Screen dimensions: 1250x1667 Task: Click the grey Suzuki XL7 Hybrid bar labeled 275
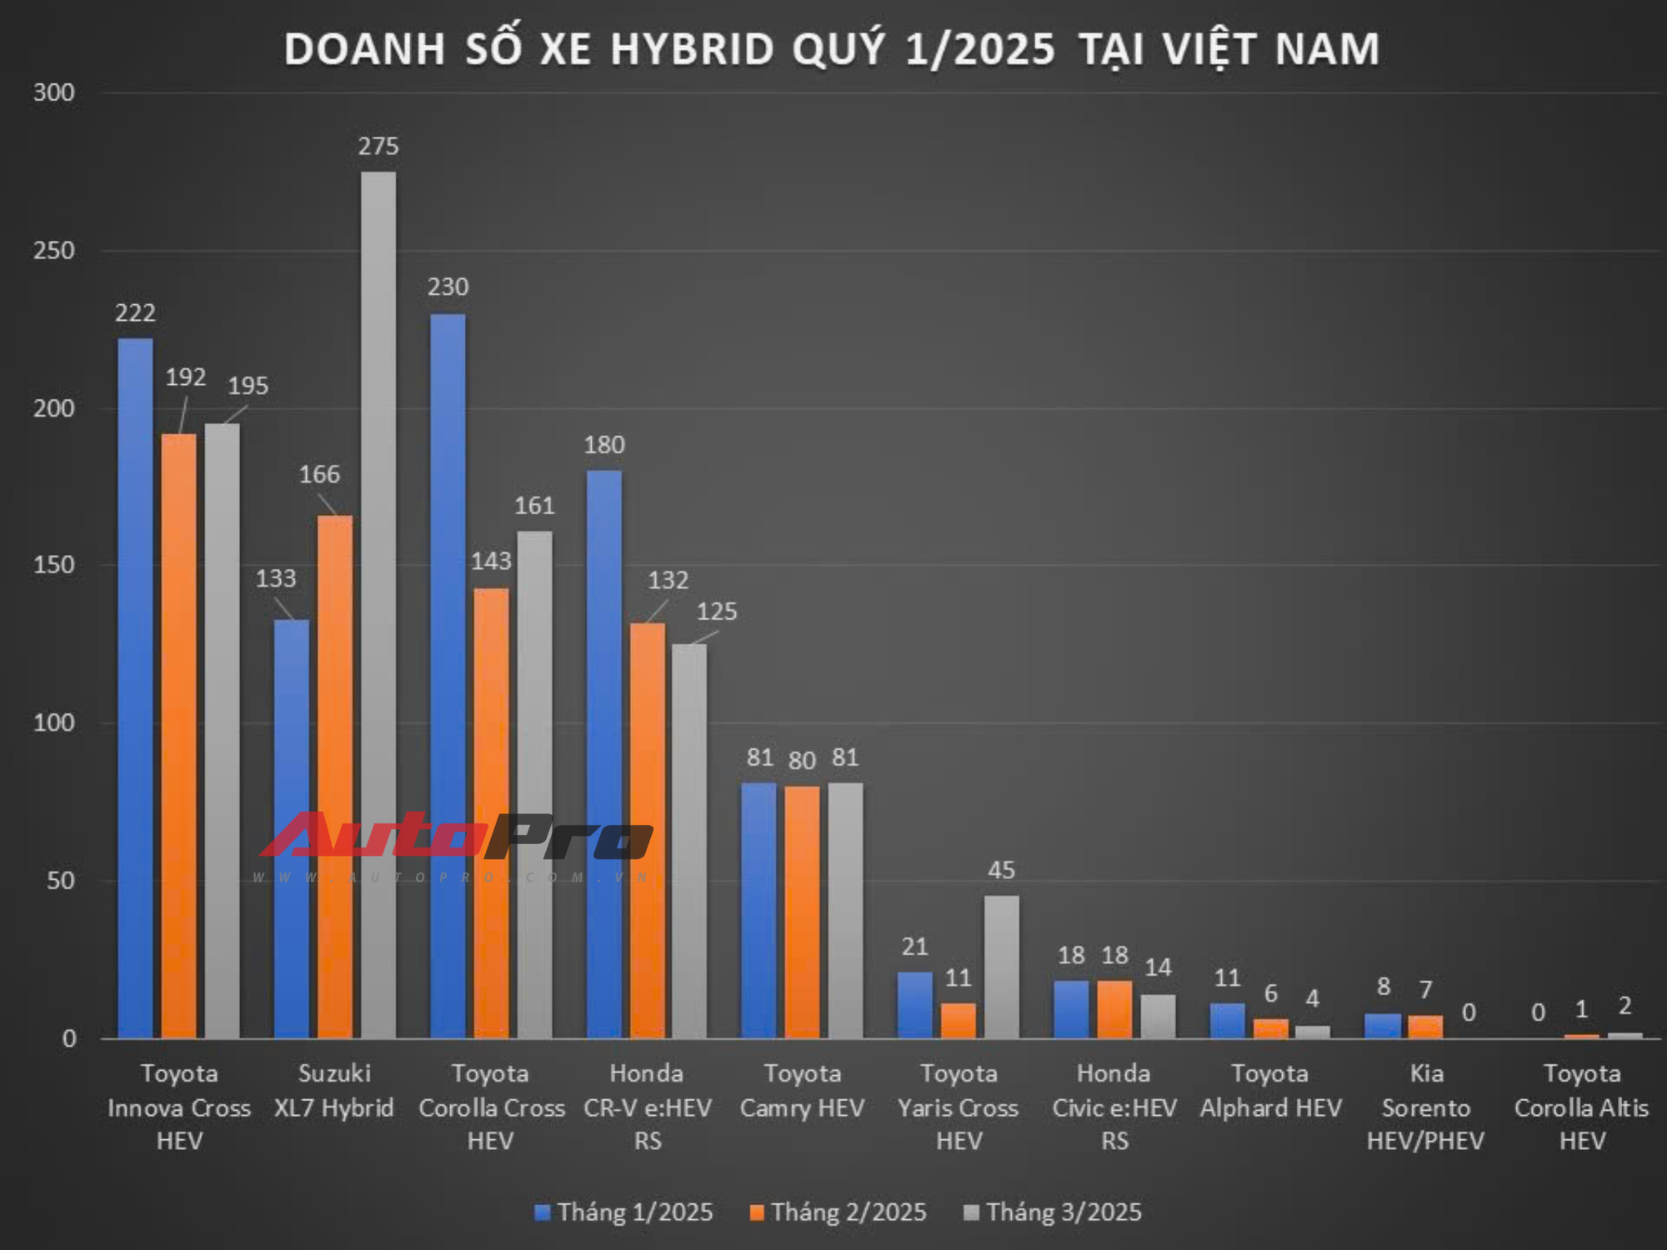pyautogui.click(x=378, y=604)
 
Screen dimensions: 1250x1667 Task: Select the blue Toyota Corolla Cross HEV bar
pyautogui.click(x=448, y=675)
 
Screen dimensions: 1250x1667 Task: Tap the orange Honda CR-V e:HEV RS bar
pyautogui.click(x=647, y=829)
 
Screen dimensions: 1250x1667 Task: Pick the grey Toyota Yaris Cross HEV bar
pyautogui.click(x=1001, y=967)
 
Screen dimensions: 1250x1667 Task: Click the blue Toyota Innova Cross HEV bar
pyautogui.click(x=135, y=687)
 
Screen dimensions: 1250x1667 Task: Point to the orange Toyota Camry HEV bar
pyautogui.click(x=802, y=912)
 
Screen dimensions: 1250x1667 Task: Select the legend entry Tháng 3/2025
pyautogui.click(x=1053, y=1212)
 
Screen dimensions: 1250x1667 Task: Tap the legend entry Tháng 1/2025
pyautogui.click(x=624, y=1212)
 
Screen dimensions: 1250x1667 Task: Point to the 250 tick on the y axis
pyautogui.click(x=54, y=250)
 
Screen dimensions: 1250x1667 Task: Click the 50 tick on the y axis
pyautogui.click(x=61, y=881)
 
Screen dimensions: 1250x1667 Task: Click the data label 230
pyautogui.click(x=448, y=287)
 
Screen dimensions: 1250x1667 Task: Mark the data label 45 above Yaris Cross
pyautogui.click(x=1001, y=870)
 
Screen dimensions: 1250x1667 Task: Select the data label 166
pyautogui.click(x=319, y=475)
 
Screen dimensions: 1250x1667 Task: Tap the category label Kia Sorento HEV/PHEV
pyautogui.click(x=1425, y=1107)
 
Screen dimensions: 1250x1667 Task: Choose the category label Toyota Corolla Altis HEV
pyautogui.click(x=1581, y=1107)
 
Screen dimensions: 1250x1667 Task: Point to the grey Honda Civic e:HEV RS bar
pyautogui.click(x=1158, y=1016)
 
